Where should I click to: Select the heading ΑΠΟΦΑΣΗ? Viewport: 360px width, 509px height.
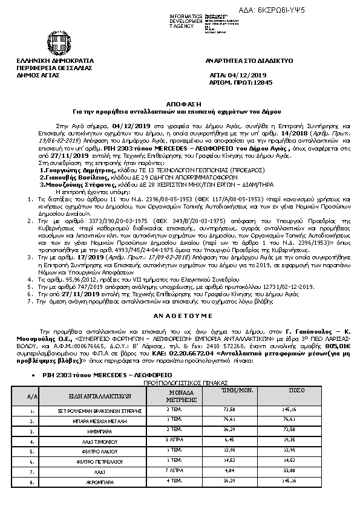[179, 103]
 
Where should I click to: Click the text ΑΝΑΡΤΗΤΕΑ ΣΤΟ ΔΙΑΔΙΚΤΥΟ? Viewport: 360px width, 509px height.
[240, 61]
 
